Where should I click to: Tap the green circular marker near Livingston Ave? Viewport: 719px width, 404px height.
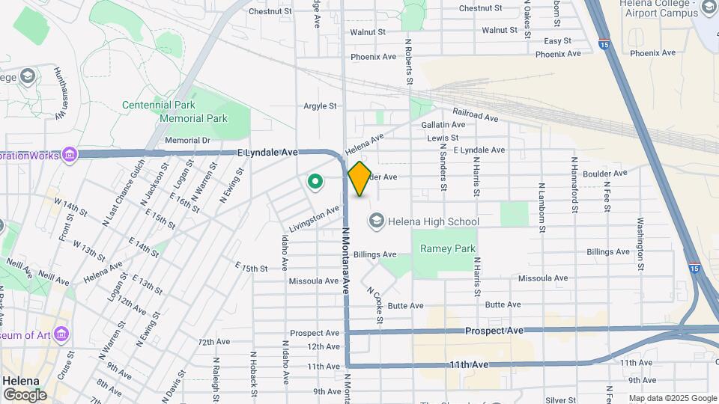pos(315,180)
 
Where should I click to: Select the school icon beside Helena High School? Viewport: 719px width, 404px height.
pos(375,221)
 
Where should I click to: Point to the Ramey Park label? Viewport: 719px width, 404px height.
pos(448,248)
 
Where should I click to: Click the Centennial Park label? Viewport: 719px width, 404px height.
pos(159,105)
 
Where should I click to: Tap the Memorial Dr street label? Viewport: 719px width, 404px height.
pos(187,140)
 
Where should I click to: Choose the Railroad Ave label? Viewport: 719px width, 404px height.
pos(475,114)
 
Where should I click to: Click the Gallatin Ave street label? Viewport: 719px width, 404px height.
pos(443,124)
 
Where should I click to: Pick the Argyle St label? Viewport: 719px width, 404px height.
pos(320,106)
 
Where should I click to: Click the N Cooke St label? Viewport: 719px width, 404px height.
pos(375,306)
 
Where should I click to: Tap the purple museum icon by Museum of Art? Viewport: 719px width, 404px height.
pos(61,334)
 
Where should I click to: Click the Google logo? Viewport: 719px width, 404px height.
pos(24,395)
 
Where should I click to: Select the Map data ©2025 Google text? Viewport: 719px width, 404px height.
pos(673,398)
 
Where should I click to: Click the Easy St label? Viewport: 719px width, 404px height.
pos(557,41)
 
